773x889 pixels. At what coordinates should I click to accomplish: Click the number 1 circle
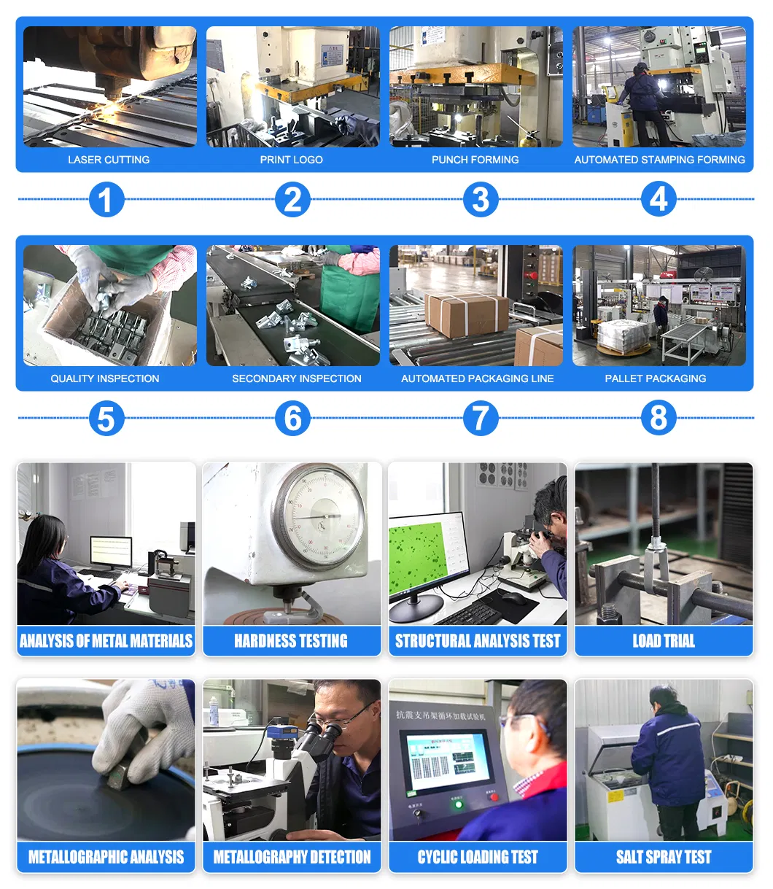click(x=106, y=200)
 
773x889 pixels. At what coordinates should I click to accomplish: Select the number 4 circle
click(x=659, y=199)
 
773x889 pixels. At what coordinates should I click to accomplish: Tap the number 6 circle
click(x=293, y=419)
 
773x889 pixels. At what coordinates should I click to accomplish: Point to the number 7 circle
click(x=480, y=419)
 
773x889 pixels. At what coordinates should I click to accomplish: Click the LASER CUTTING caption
click(x=109, y=160)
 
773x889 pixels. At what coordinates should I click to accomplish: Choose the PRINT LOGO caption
click(x=292, y=160)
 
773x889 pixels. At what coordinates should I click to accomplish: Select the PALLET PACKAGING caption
click(x=656, y=378)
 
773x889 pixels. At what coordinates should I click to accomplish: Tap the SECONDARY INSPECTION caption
click(x=297, y=378)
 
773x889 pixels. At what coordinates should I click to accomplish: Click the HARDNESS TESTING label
click(x=291, y=641)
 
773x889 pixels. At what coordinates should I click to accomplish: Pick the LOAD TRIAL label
click(x=664, y=641)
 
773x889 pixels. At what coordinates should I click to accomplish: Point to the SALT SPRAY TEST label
click(x=664, y=857)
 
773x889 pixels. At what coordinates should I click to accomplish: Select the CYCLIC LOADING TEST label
click(x=478, y=857)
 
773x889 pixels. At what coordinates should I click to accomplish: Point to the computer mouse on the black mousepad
click(x=513, y=598)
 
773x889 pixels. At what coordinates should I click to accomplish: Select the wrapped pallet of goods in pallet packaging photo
click(x=623, y=335)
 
